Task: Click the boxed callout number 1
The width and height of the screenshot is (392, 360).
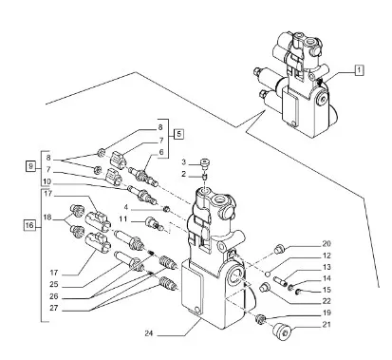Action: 359,70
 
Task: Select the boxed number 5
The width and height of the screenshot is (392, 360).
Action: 178,134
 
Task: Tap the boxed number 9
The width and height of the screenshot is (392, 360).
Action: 30,166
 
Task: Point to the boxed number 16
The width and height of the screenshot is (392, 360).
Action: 29,225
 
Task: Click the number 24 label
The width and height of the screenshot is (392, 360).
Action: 150,333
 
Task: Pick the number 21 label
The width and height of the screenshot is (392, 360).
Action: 327,324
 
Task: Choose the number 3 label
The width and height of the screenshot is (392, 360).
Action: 184,162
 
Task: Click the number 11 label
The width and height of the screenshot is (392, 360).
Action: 123,218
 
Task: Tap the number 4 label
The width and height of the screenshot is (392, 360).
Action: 126,207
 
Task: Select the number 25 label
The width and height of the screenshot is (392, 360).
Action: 54,284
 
